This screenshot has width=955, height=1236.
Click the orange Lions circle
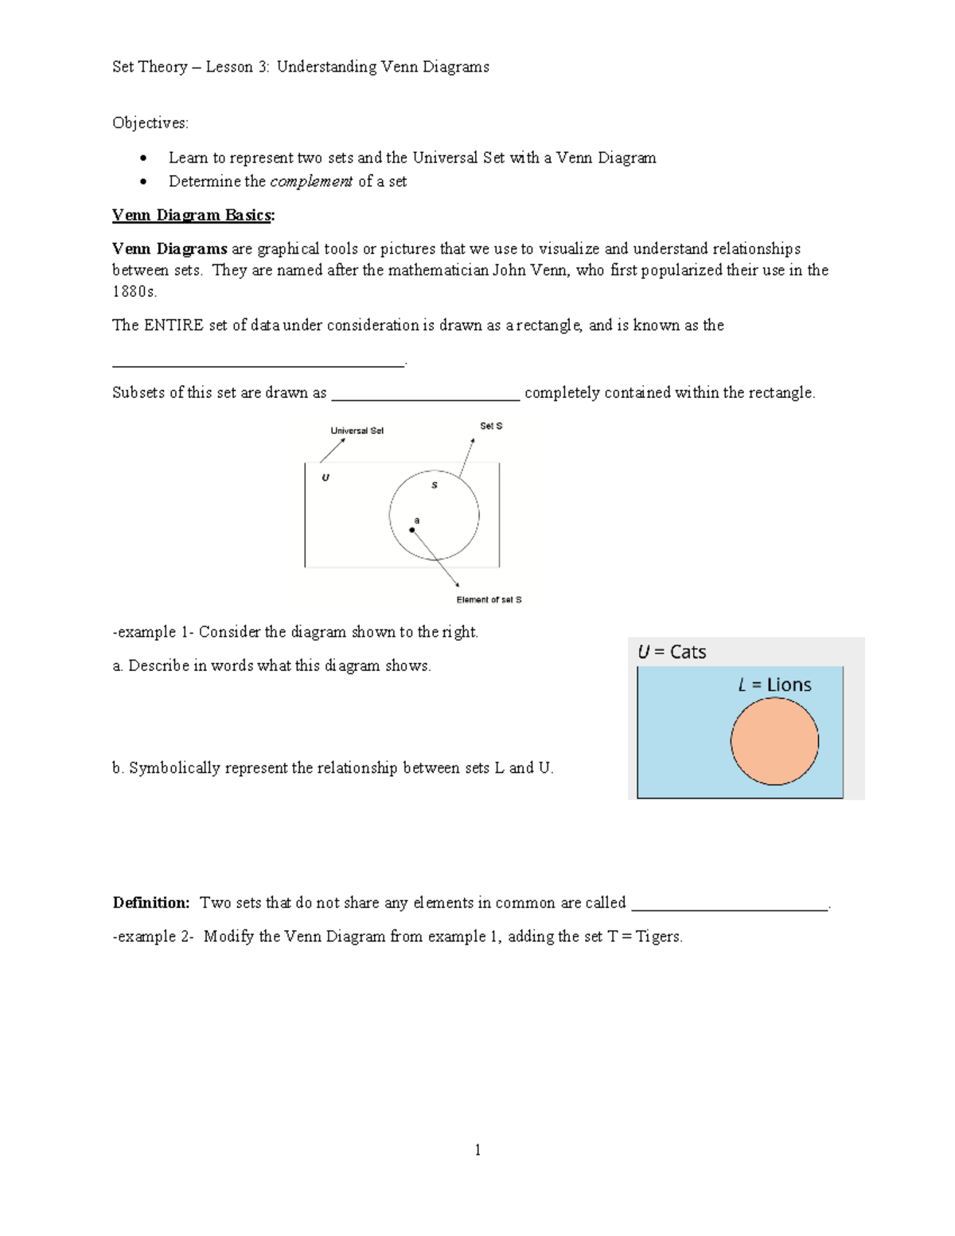pos(774,741)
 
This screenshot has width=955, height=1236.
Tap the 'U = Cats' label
pos(672,652)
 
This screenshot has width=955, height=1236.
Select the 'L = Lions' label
pos(774,684)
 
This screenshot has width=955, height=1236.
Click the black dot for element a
pos(412,530)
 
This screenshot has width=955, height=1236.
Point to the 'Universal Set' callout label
pos(357,431)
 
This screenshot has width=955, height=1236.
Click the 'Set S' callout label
pos(491,426)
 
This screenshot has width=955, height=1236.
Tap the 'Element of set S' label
pos(489,599)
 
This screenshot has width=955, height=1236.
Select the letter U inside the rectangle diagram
pos(325,478)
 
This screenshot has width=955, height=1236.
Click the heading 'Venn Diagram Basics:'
pos(193,215)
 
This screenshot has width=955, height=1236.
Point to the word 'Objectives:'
pos(150,123)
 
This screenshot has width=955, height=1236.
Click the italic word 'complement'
pos(311,181)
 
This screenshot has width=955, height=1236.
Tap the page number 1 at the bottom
pos(477,1149)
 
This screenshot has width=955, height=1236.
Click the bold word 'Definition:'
pos(151,903)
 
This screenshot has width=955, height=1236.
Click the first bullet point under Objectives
pos(143,158)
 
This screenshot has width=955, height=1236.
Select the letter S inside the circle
pos(435,485)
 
